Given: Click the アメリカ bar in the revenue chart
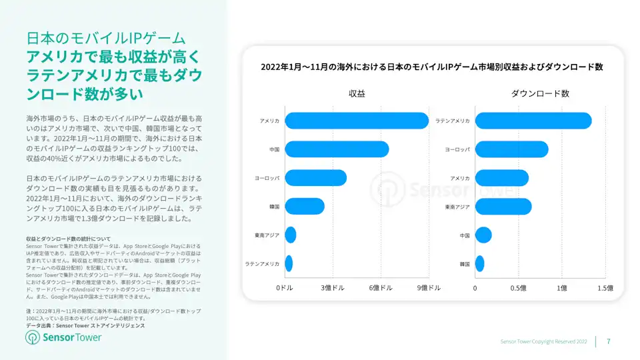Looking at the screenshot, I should [x=357, y=121].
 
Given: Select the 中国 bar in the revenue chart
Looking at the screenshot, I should [x=337, y=149].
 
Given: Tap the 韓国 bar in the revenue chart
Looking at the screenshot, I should [x=305, y=207].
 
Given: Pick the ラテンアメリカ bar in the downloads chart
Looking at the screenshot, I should [x=533, y=121].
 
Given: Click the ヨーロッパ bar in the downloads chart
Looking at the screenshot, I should [x=511, y=149].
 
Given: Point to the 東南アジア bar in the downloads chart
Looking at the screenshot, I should [x=503, y=207].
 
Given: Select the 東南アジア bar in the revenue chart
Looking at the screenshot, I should [x=291, y=235].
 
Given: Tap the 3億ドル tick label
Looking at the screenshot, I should [x=333, y=288].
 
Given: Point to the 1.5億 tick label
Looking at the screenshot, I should [x=605, y=288].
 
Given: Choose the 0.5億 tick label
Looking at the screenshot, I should [x=518, y=288].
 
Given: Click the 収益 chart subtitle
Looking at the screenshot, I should [x=357, y=94].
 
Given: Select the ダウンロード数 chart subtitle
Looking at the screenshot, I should [x=540, y=94].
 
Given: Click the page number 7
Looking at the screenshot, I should [x=608, y=341].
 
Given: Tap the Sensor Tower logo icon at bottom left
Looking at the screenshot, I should [x=33, y=337].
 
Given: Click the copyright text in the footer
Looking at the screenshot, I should [x=543, y=341].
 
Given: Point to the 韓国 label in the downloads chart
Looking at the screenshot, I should [x=464, y=264].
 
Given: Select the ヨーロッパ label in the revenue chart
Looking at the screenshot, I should [x=267, y=178].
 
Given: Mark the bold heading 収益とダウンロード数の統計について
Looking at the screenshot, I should [x=68, y=239].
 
